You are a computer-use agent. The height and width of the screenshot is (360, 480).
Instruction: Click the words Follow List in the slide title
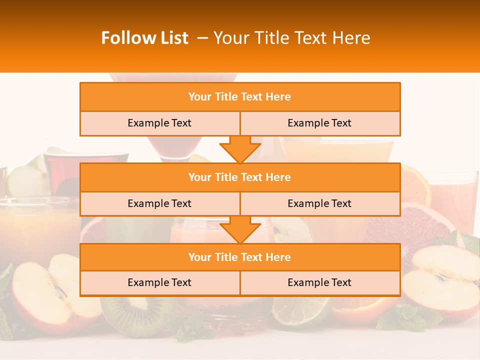point(144,38)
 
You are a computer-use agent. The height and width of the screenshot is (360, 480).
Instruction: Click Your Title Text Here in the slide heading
point(291,38)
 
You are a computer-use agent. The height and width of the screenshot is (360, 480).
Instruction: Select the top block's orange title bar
point(240,97)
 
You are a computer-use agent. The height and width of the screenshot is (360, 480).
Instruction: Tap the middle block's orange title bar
point(240,177)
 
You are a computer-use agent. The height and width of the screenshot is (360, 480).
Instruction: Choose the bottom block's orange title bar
point(240,257)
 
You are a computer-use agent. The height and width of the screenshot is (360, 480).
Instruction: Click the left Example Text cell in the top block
point(159,123)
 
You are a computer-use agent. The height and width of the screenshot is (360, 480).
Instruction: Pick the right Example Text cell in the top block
point(319,123)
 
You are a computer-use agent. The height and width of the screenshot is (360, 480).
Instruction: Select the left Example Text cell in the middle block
point(159,204)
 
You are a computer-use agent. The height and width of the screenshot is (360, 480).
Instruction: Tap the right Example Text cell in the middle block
point(319,204)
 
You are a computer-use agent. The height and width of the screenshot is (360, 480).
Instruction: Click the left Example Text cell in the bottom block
point(159,283)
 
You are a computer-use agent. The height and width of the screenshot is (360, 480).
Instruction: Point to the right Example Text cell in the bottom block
point(319,283)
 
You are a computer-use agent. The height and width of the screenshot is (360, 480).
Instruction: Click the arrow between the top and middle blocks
point(240,149)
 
